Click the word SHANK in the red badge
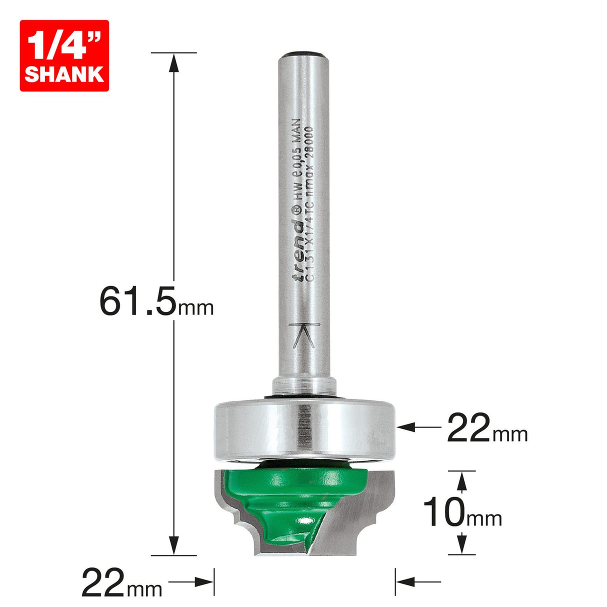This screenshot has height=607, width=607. coord(64,74)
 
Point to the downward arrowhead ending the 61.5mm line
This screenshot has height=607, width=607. coord(173,545)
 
